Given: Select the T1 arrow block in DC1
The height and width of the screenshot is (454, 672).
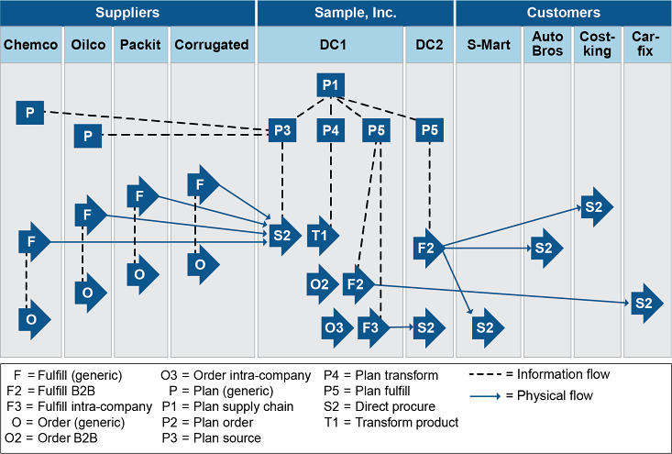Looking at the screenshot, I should pyautogui.click(x=322, y=236).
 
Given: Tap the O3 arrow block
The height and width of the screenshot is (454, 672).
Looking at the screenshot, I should pyautogui.click(x=336, y=327).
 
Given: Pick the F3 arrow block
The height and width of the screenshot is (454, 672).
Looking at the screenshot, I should pyautogui.click(x=372, y=327).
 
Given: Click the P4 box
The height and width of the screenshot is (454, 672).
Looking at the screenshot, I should pyautogui.click(x=331, y=130).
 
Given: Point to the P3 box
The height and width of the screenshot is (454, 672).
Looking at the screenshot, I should pyautogui.click(x=282, y=130).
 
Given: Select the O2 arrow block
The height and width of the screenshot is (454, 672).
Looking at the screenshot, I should pyautogui.click(x=321, y=284).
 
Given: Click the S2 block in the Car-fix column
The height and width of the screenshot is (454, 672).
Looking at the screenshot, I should pyautogui.click(x=644, y=303).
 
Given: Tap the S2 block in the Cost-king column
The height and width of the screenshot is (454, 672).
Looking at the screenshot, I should pyautogui.click(x=595, y=206).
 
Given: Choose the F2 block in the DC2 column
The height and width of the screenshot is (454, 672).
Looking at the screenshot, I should pyautogui.click(x=428, y=248).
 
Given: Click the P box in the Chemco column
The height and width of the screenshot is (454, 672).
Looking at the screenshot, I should pyautogui.click(x=30, y=113).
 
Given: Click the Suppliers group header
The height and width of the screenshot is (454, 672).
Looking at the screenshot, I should pyautogui.click(x=127, y=13).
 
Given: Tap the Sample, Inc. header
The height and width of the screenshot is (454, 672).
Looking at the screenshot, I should pyautogui.click(x=355, y=13).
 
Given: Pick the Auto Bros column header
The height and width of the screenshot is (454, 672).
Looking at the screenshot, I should pyautogui.click(x=548, y=44).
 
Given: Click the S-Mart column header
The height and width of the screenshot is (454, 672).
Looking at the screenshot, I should pyautogui.click(x=489, y=44).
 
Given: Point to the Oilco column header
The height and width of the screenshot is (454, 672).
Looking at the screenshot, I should pyautogui.click(x=88, y=44).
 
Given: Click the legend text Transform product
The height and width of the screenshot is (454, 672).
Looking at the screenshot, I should pyautogui.click(x=403, y=423).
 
